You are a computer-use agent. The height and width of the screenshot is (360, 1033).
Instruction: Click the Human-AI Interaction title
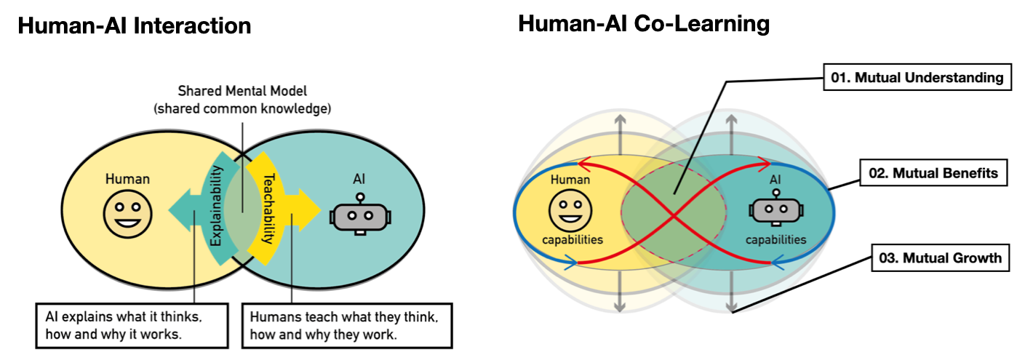click(x=134, y=26)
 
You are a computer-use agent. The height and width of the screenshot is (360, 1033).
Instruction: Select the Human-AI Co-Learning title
click(x=643, y=23)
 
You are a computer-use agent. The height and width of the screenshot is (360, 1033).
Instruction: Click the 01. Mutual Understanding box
click(x=917, y=76)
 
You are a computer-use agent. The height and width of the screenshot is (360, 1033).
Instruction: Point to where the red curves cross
click(x=674, y=215)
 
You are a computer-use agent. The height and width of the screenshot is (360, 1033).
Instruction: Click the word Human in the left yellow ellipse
click(x=127, y=178)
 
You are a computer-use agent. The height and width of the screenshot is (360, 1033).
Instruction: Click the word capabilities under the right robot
click(x=775, y=239)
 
